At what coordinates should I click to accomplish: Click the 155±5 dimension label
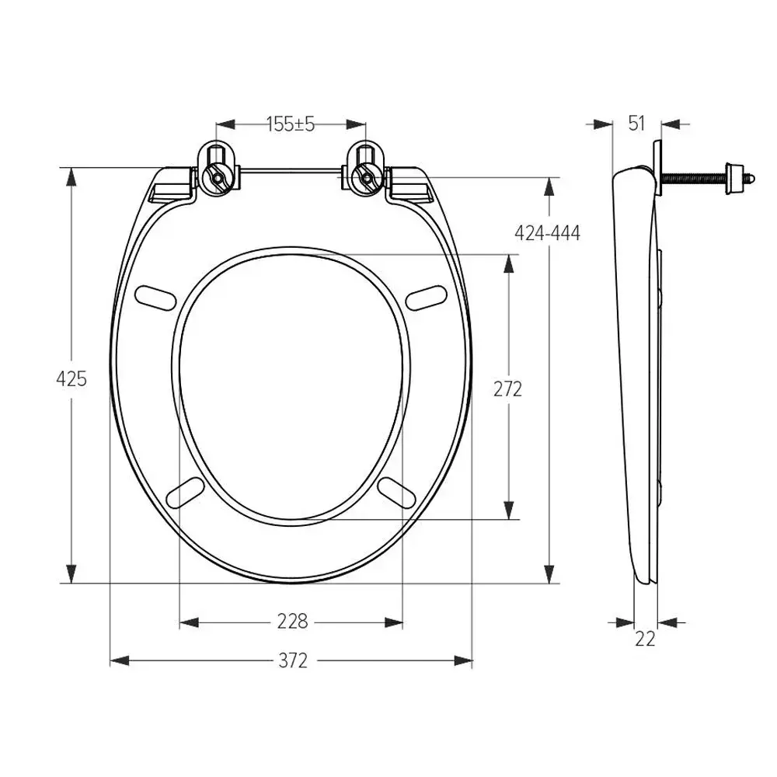[x=291, y=124]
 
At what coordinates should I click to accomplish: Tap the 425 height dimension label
[x=71, y=378]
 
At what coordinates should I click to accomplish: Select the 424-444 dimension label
[x=548, y=232]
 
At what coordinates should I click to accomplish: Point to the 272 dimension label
[x=508, y=389]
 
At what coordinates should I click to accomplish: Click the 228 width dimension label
[x=292, y=621]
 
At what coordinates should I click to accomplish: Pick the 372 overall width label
[x=292, y=660]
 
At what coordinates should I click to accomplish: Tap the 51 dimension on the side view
[x=637, y=124]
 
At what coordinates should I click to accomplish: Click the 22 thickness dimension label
[x=645, y=639]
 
